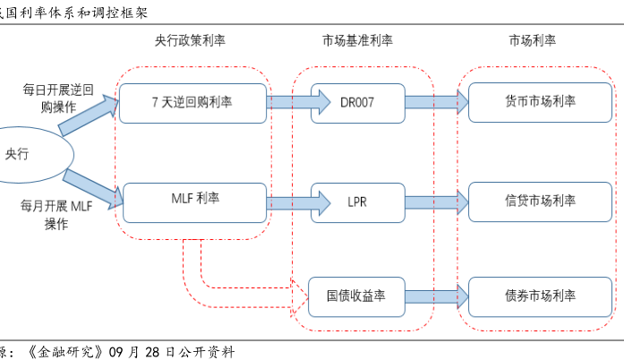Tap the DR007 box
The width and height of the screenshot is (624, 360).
pyautogui.click(x=357, y=102)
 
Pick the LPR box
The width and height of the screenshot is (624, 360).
pyautogui.click(x=357, y=201)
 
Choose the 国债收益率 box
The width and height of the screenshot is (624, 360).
pyautogui.click(x=357, y=296)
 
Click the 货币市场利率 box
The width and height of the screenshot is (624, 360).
pyautogui.click(x=540, y=102)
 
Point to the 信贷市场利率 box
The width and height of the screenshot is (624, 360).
pyautogui.click(x=540, y=201)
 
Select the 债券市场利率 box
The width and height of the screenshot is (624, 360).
pyautogui.click(x=540, y=296)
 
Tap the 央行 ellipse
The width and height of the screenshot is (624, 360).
pyautogui.click(x=20, y=154)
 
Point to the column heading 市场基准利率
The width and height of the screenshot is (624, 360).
pyautogui.click(x=357, y=41)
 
